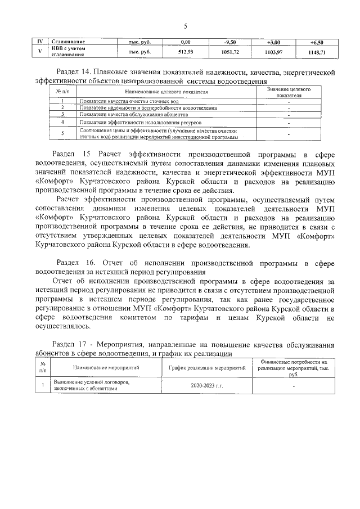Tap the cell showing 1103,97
tap(275, 52)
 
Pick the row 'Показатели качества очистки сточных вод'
tap(120, 101)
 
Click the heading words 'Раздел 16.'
tap(78, 263)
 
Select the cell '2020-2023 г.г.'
tap(207, 386)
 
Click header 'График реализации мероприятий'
tap(208, 367)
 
